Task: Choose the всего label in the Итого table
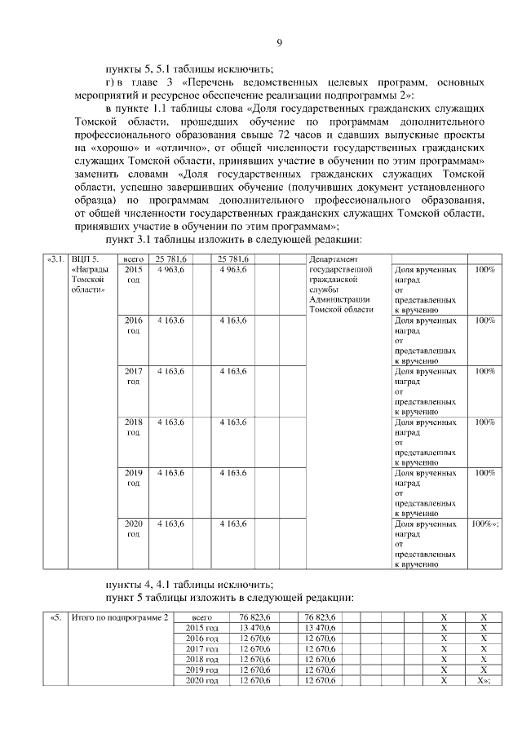coord(201,616)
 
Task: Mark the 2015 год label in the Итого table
coord(201,627)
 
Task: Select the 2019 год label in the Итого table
coord(201,669)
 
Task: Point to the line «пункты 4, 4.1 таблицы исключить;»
coord(189,583)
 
